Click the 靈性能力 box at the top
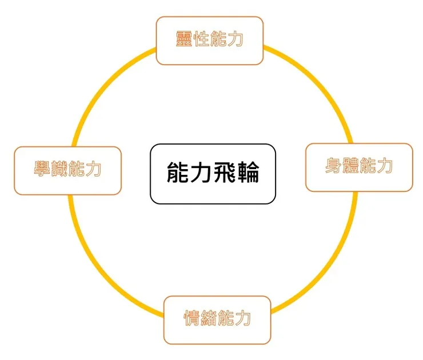209,41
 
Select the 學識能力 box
67,170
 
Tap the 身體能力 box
359,167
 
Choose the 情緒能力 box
217,319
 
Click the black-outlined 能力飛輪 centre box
213,174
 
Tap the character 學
42,170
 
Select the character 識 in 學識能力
59,170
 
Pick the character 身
333,166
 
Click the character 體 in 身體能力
350,166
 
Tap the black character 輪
248,173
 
